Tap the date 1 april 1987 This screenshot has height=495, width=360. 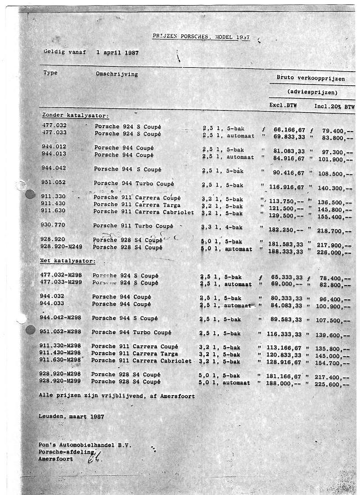tap(118, 52)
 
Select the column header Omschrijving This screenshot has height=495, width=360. tap(117, 74)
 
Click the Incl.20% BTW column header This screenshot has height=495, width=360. tap(335, 106)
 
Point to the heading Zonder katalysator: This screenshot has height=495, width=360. tap(76, 115)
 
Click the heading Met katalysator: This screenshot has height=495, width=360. tap(67, 261)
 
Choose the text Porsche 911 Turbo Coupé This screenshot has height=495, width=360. tap(133, 226)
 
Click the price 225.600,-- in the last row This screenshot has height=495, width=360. tap(336, 382)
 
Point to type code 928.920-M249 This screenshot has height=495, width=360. tap(60, 247)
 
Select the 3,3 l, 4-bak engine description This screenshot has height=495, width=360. tap(222, 226)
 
